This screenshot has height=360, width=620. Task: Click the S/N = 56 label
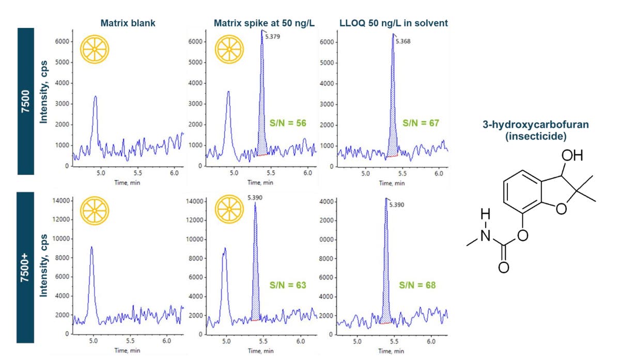pyautogui.click(x=288, y=123)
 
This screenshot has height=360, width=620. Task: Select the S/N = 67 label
pyautogui.click(x=421, y=123)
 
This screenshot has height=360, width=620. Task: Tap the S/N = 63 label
pyautogui.click(x=288, y=285)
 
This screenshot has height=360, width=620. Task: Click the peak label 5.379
pyautogui.click(x=273, y=37)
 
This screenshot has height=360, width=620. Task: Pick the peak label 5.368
pyautogui.click(x=405, y=42)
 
